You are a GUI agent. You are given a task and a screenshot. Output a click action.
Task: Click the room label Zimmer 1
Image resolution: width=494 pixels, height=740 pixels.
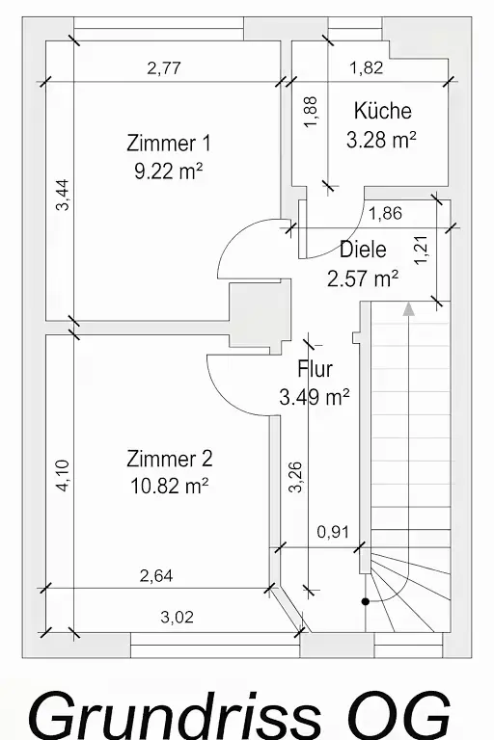(169, 144)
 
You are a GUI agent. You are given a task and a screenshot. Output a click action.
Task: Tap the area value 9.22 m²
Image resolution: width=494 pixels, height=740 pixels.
(169, 171)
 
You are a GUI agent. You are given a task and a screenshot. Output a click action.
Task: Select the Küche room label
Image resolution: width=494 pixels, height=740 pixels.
(382, 111)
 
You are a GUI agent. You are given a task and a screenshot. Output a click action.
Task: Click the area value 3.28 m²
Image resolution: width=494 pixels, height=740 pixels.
(381, 140)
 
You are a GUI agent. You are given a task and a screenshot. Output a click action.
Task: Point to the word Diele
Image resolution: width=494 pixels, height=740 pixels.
(363, 250)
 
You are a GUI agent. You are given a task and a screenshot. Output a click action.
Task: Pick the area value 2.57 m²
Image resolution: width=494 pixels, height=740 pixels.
(363, 278)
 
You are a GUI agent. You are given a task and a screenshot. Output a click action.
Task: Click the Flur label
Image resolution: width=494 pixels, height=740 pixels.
(316, 369)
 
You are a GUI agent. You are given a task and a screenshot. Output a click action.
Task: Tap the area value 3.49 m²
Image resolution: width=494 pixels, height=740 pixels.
(315, 397)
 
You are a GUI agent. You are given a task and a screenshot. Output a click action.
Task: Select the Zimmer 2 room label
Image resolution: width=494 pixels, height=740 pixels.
(170, 459)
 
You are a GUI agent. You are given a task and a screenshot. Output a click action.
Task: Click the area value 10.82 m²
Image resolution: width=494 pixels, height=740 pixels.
(169, 486)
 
